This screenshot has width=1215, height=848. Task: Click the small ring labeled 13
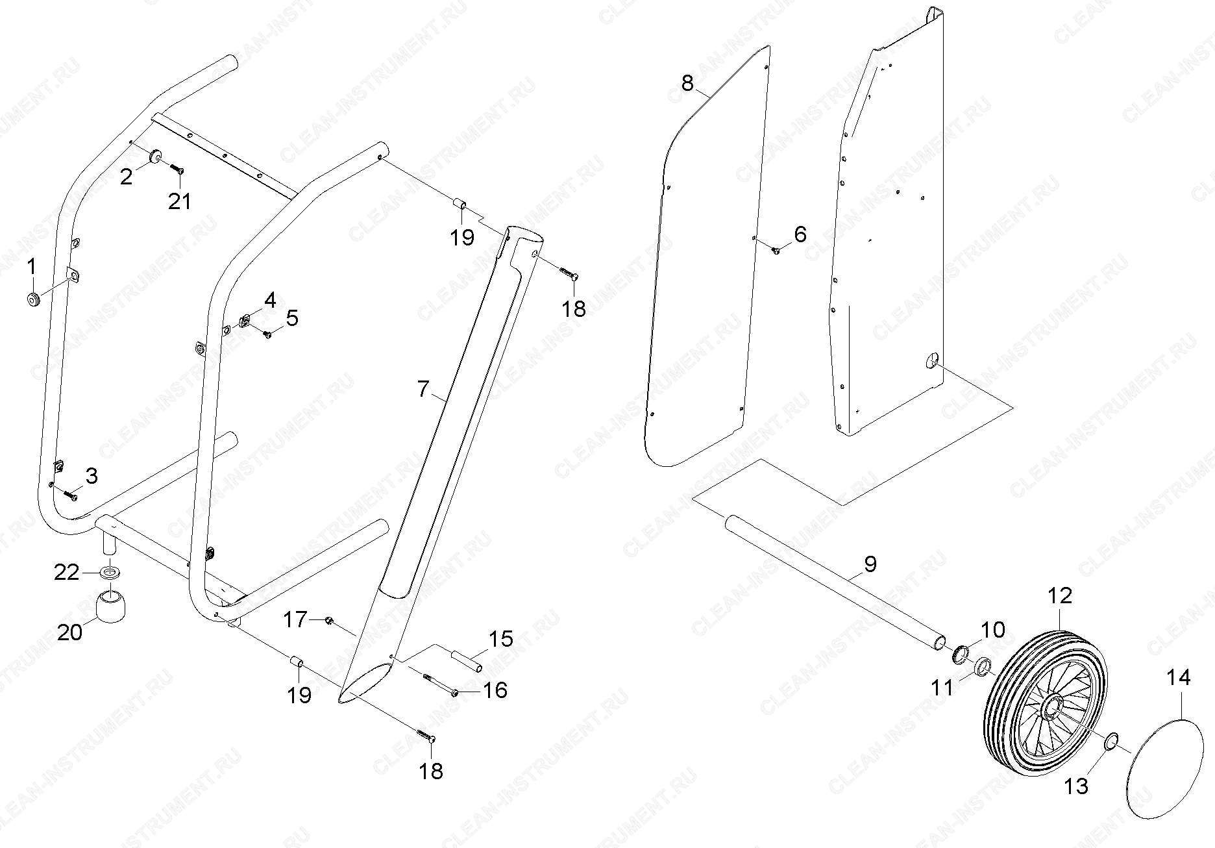click(1112, 740)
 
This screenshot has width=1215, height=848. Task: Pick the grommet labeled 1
click(32, 299)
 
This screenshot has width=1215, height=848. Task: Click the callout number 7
click(423, 390)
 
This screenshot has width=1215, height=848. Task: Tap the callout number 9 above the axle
click(870, 564)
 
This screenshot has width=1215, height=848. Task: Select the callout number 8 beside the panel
click(687, 83)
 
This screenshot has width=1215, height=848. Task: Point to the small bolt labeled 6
click(776, 249)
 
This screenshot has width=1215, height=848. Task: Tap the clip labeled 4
click(245, 321)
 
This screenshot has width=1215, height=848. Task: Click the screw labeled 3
click(70, 494)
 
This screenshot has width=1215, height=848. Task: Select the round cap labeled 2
click(156, 156)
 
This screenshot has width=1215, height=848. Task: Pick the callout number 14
click(1179, 677)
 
